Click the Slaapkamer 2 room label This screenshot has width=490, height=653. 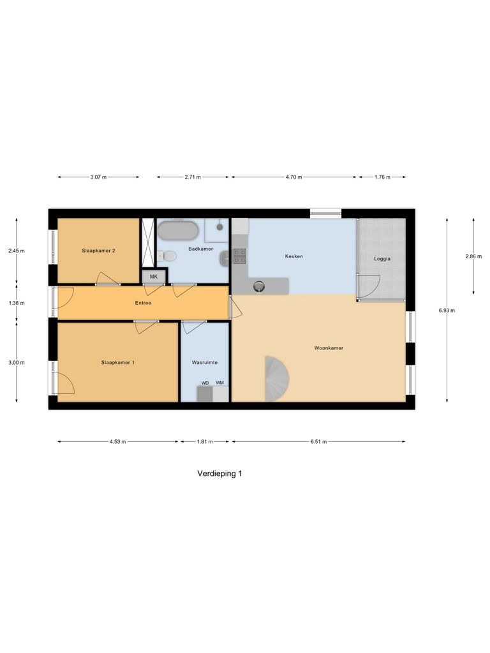pos(98,251)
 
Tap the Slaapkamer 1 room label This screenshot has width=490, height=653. pos(118,362)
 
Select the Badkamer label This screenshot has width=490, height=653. pos(201,249)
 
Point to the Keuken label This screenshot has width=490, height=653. pos(293,256)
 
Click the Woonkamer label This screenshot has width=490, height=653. pos(329,348)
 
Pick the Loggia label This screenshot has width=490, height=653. pos(382,259)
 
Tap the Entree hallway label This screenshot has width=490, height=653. pos(143,303)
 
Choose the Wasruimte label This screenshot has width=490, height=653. pos(205,362)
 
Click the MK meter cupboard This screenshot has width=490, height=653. pos(154,276)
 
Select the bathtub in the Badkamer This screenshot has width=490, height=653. pos(178,230)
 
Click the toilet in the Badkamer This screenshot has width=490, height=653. pos(169,256)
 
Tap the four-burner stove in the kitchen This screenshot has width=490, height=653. pos(240,256)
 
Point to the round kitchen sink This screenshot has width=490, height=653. pos(260,286)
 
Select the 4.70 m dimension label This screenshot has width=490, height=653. pos(294,177)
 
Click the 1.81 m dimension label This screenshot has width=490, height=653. pos(204,441)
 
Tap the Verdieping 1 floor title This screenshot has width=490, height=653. pos(219,474)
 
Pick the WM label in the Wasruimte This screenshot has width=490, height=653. pos(220,383)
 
